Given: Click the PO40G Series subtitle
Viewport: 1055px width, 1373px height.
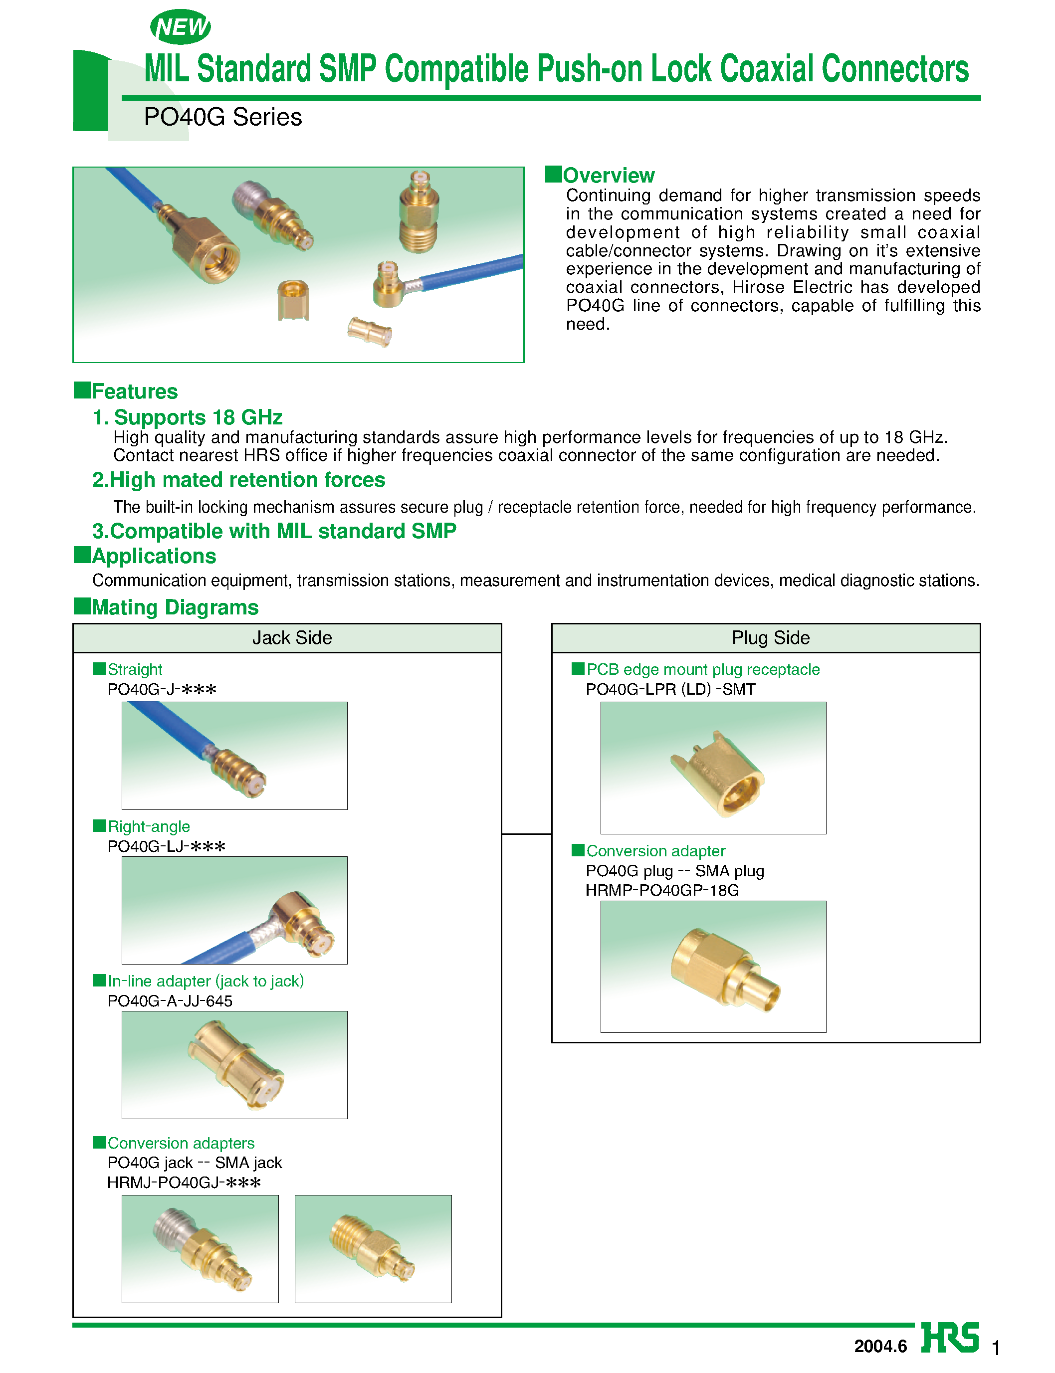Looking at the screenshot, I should tap(222, 117).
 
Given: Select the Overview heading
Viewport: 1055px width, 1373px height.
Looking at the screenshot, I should tap(608, 175).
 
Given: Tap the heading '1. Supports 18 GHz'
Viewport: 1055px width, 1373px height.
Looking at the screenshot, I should tap(187, 417).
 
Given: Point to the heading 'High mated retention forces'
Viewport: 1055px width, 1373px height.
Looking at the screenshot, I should tap(238, 480).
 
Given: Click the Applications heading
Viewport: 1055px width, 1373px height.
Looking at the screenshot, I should tap(153, 556).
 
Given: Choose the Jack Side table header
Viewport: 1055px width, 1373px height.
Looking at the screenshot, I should tap(292, 638).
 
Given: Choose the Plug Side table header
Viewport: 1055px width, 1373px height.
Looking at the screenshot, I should tap(771, 638).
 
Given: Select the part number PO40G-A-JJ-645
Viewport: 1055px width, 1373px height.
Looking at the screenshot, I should tap(170, 1001).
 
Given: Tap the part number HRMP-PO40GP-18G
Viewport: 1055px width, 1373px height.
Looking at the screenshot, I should tap(662, 890).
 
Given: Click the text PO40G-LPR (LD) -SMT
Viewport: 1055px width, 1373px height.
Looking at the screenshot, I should tap(670, 689).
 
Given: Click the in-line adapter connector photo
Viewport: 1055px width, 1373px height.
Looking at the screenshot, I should tap(234, 1064).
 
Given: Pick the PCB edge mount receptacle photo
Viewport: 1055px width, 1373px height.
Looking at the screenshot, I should tap(713, 768).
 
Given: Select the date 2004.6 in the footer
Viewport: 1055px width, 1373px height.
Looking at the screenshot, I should tap(880, 1346).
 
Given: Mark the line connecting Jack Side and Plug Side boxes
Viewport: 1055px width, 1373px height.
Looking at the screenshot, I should tap(526, 834).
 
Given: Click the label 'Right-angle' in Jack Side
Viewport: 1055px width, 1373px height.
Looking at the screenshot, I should tap(148, 826).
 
